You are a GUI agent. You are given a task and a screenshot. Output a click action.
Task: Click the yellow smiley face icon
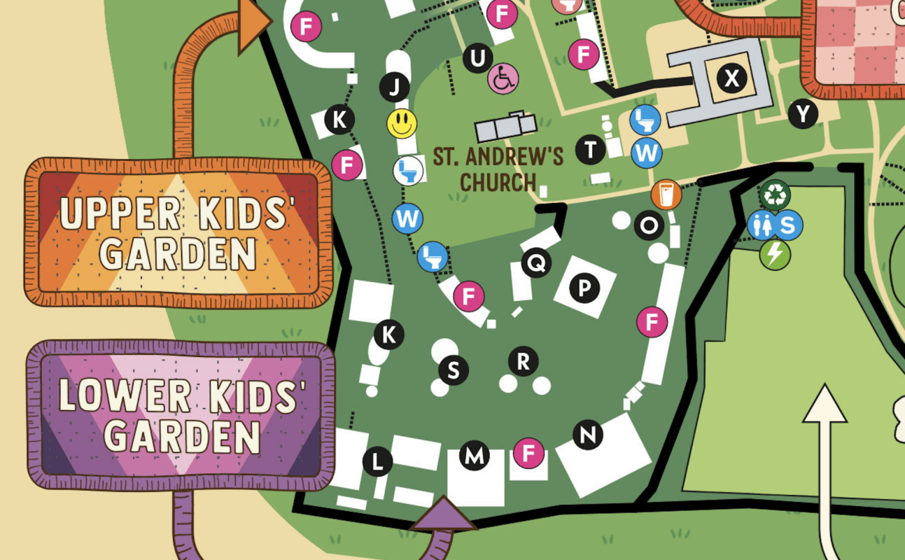(402, 123)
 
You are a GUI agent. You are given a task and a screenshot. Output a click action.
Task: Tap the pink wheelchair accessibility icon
(503, 78)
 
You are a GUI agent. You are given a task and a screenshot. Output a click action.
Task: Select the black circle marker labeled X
(731, 78)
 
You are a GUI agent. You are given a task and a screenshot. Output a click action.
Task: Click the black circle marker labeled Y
(803, 113)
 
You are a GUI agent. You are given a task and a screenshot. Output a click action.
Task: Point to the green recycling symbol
(774, 195)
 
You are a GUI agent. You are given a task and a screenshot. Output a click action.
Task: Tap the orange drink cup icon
(666, 195)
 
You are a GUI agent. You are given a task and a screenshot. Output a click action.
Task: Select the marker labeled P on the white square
(584, 288)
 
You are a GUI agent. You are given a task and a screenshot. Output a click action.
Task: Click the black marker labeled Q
(536, 263)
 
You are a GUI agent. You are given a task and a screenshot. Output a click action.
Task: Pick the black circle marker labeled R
(523, 361)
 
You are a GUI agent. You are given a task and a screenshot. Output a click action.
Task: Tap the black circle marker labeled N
(588, 435)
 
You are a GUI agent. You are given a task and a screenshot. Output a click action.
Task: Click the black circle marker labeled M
(475, 457)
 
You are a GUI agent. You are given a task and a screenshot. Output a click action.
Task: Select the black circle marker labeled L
(378, 461)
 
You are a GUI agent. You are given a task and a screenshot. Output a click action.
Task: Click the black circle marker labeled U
(477, 58)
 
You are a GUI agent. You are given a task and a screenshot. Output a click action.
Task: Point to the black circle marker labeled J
(395, 87)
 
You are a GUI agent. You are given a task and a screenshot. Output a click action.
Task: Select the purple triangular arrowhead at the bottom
(444, 514)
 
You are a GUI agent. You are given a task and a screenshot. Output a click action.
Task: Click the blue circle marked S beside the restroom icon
(787, 225)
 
